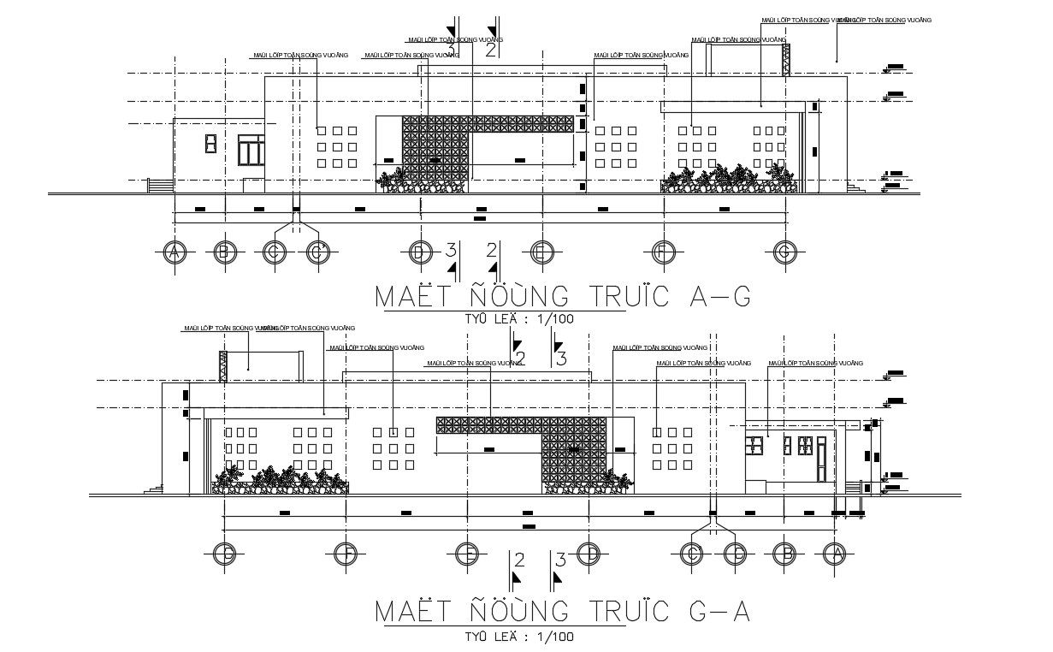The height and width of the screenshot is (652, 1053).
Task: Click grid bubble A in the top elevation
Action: pos(175,252)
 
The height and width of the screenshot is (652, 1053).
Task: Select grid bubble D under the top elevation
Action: pos(419,252)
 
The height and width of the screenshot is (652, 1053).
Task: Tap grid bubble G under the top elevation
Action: pos(784,252)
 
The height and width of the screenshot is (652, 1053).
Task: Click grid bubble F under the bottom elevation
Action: pos(345,554)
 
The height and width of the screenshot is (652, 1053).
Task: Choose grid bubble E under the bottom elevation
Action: pos(467,554)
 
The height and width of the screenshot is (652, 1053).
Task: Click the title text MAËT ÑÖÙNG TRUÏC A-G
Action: pos(563,296)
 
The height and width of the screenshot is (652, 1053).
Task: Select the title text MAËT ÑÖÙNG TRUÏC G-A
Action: pos(563,613)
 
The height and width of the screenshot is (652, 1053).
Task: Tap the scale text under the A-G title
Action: pos(519,319)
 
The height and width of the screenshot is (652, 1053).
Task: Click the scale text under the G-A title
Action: pos(519,636)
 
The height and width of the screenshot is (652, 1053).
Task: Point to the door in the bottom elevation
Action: pos(821,461)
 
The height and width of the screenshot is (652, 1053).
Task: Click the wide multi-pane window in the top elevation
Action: pos(251,151)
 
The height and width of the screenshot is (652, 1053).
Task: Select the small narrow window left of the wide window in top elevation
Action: pos(210,144)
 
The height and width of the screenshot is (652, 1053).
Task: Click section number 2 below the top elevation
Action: pos(492,251)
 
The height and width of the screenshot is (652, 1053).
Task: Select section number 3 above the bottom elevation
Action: pos(561,359)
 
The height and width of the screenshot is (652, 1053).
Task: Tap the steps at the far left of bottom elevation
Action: pos(154,489)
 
